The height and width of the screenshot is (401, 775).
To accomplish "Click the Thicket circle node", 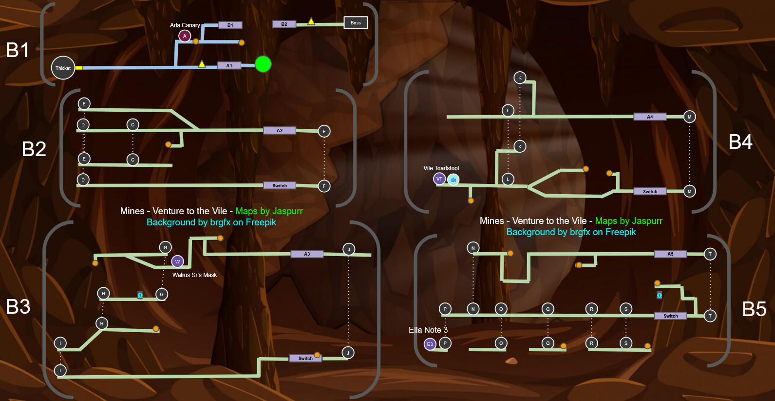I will (x=63, y=68).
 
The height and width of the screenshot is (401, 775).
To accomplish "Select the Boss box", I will (x=356, y=23).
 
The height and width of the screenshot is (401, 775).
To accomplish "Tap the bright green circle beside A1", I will (x=263, y=64).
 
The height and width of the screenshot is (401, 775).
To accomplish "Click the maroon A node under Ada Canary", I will (x=185, y=36).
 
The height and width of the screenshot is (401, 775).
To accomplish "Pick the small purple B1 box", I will (x=230, y=25).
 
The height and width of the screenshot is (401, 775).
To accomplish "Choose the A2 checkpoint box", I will (x=280, y=130).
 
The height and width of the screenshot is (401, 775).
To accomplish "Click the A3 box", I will (x=307, y=254).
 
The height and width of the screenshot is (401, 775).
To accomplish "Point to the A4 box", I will (x=650, y=117).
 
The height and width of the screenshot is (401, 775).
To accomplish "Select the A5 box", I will (x=670, y=254).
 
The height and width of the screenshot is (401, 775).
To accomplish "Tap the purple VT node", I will (x=439, y=179).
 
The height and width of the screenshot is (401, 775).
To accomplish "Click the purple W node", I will (x=177, y=261).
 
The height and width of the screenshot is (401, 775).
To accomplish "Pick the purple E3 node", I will (x=430, y=344).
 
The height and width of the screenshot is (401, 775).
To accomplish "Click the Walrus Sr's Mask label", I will (x=194, y=275).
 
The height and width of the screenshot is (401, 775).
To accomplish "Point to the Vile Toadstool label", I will (x=441, y=168).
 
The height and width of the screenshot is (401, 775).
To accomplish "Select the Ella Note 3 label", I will (x=428, y=330).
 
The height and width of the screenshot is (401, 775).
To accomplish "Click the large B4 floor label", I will (x=740, y=142).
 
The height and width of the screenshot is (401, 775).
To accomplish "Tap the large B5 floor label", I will (x=754, y=309).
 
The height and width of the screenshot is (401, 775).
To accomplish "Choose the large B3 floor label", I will (x=18, y=307).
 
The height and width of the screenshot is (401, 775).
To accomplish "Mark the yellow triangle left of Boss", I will (x=311, y=21).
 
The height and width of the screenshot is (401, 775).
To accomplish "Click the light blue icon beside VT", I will (x=453, y=180).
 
